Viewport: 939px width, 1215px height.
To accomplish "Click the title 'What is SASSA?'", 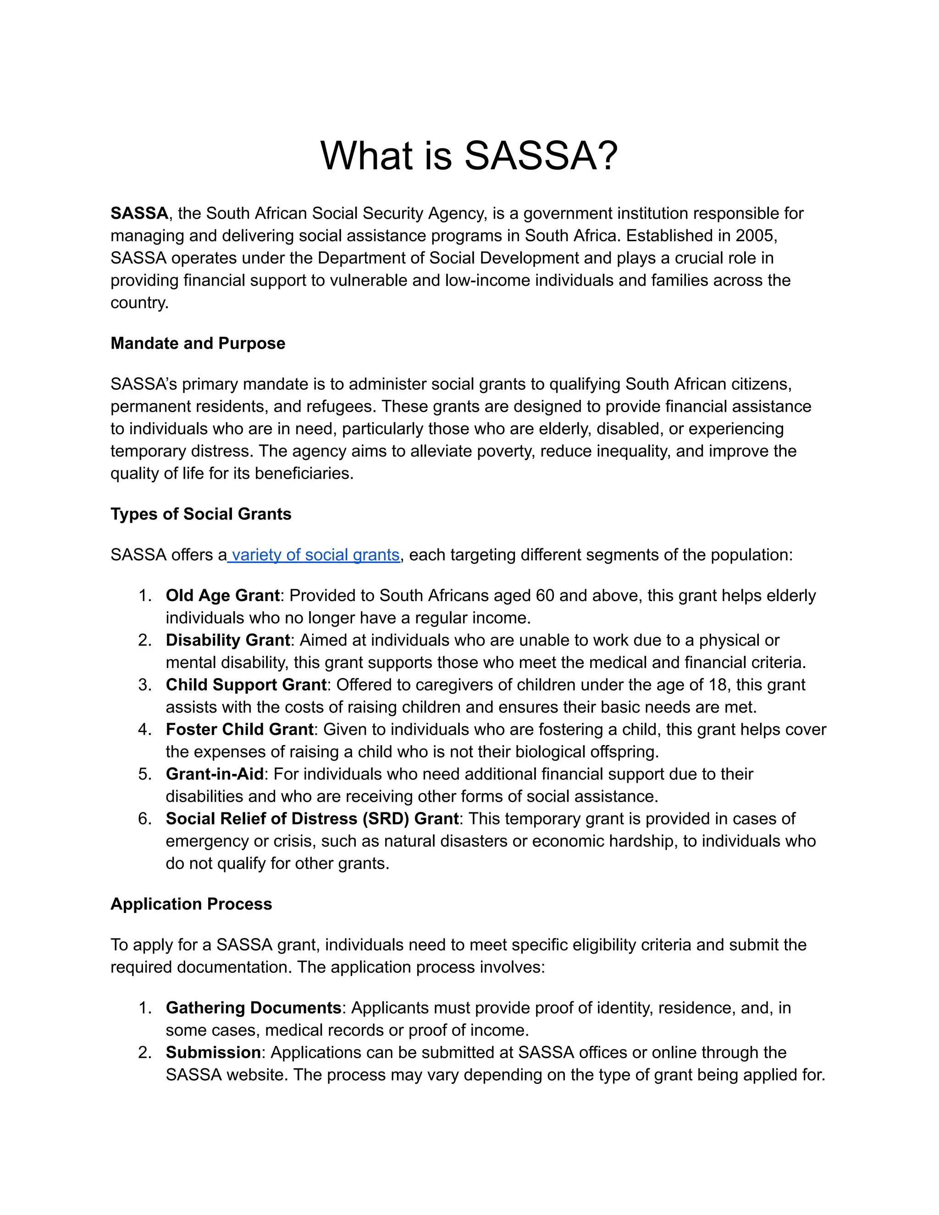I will click(x=469, y=155).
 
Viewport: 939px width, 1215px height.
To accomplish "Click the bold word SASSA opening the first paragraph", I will click(x=139, y=213).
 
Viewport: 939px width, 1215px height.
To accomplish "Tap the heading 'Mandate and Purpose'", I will click(x=198, y=343).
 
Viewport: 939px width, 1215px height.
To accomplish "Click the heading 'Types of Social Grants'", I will click(x=201, y=514).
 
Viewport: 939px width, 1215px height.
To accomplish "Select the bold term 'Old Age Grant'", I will click(x=222, y=595).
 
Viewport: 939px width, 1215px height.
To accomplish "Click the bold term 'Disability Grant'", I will click(x=228, y=640).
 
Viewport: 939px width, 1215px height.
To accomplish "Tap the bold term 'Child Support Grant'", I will click(x=246, y=684).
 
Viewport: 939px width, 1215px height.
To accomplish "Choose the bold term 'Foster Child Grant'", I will click(x=240, y=729).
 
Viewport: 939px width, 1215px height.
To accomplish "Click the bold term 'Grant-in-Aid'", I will click(x=214, y=774).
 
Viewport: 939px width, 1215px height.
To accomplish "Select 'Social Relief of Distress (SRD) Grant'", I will click(x=312, y=818).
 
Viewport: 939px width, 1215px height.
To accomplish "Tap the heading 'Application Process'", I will click(x=191, y=904).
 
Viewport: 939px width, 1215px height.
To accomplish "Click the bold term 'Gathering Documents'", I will click(x=254, y=1007).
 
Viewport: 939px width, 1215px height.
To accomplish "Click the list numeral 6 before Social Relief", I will click(x=144, y=818).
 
